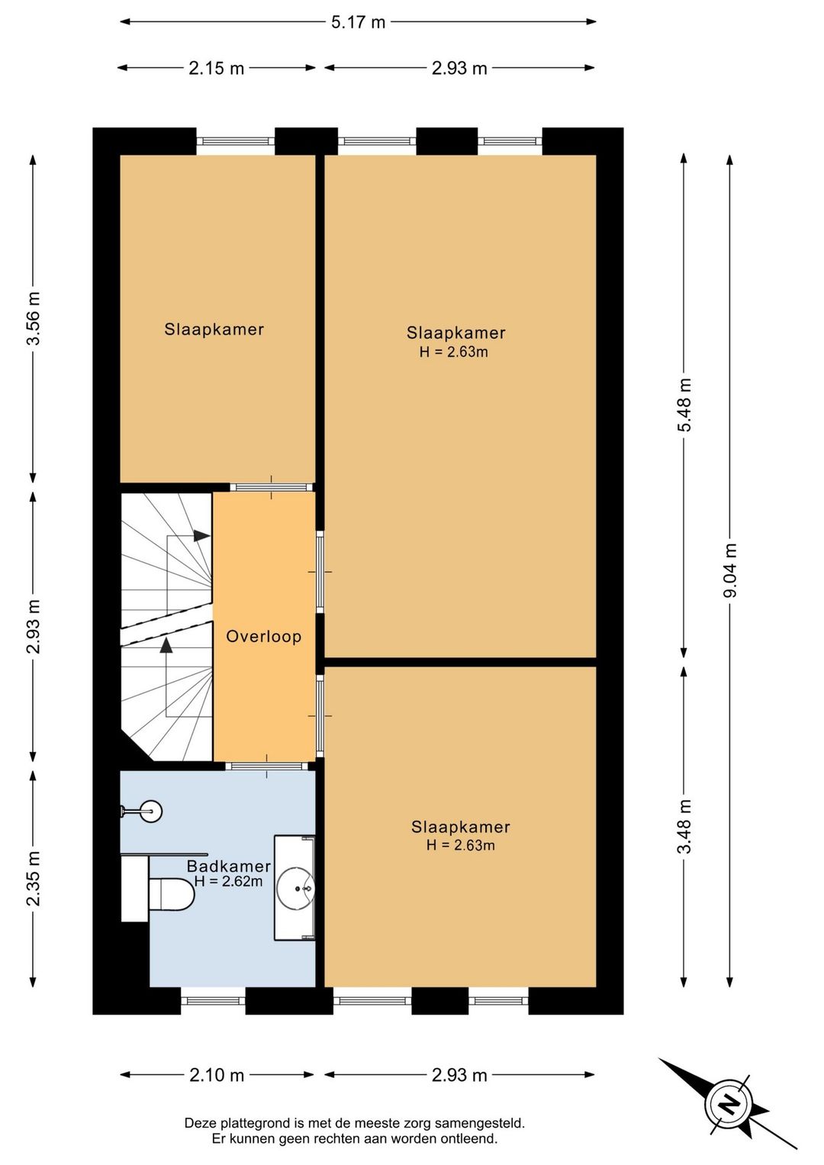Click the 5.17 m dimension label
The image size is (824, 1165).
pyautogui.click(x=358, y=22)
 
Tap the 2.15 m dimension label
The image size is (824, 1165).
pyautogui.click(x=216, y=68)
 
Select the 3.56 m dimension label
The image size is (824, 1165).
pyautogui.click(x=34, y=318)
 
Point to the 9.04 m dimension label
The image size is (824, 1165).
pyautogui.click(x=730, y=570)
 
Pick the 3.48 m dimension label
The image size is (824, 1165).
pyautogui.click(x=684, y=827)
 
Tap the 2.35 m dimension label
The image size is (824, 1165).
pyautogui.click(x=34, y=879)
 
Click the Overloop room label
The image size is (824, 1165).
pyautogui.click(x=263, y=637)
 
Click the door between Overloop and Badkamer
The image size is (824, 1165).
pyautogui.click(x=267, y=766)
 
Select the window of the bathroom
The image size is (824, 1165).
pyautogui.click(x=213, y=1001)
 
